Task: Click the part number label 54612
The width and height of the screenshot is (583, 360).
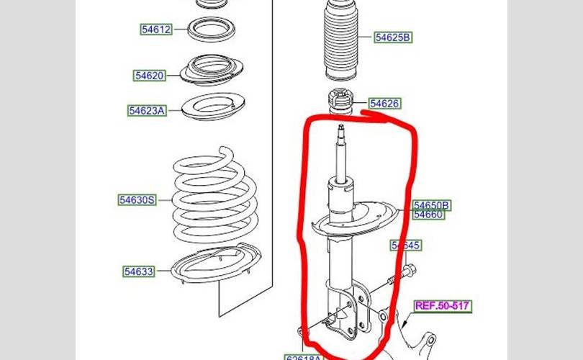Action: click(155, 30)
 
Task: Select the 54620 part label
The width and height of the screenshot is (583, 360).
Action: click(149, 75)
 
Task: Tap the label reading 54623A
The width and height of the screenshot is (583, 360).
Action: click(147, 110)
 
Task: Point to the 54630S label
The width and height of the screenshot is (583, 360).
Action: click(137, 199)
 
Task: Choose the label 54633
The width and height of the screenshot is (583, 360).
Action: click(138, 271)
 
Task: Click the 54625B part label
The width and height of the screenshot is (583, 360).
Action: click(393, 37)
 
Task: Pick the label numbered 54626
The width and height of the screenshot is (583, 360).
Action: click(384, 104)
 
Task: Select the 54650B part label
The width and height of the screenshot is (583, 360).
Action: click(432, 206)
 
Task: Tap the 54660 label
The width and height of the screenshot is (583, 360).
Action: click(429, 215)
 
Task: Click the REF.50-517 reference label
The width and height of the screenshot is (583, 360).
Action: click(443, 306)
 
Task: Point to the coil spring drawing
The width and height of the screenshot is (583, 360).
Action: click(213, 198)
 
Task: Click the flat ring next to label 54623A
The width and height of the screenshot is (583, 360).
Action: click(211, 108)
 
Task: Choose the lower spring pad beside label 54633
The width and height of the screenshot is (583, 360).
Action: click(214, 270)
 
